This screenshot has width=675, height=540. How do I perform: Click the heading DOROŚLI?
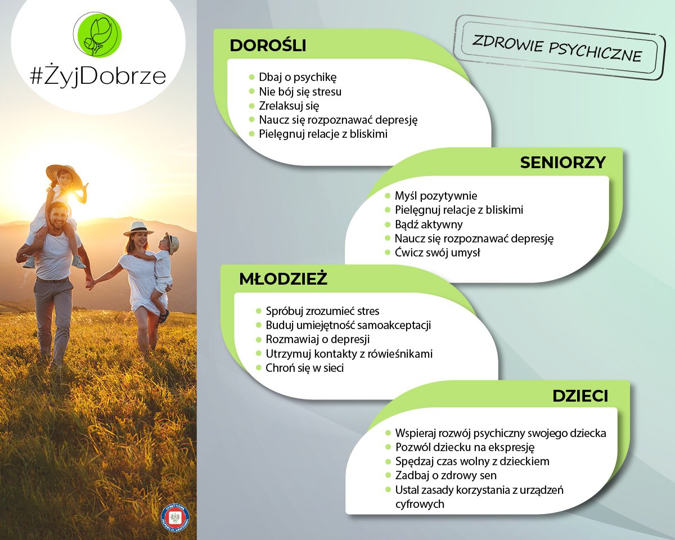[268, 46]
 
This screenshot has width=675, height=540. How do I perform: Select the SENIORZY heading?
[562, 163]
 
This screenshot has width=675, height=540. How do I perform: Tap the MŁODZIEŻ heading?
[283, 279]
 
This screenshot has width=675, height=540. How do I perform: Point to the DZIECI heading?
[580, 396]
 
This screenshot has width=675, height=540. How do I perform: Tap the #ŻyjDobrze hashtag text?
[98, 76]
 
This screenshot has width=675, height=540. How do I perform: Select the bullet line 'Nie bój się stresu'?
[300, 91]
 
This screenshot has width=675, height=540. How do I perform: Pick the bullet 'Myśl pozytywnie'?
[435, 196]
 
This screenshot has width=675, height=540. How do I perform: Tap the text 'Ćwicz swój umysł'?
[438, 253]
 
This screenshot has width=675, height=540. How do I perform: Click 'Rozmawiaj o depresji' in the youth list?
[318, 340]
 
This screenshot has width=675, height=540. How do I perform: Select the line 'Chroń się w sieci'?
[304, 368]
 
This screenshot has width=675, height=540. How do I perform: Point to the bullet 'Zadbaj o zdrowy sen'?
[445, 475]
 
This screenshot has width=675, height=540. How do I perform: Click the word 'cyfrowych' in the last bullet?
[420, 504]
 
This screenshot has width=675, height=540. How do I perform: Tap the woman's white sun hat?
[138, 228]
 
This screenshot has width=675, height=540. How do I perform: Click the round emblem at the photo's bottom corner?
[175, 518]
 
